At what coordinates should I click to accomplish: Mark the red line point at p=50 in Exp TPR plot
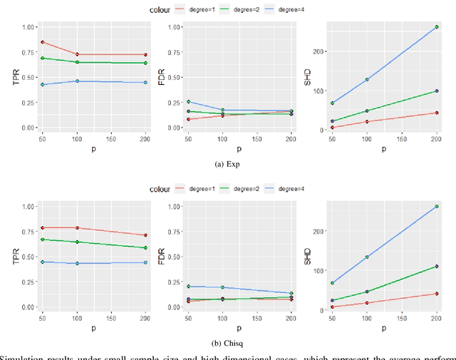(42, 42)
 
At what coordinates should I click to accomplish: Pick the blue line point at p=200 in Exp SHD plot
(437, 27)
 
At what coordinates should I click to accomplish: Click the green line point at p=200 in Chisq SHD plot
(437, 267)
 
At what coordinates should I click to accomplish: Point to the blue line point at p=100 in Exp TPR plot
(77, 81)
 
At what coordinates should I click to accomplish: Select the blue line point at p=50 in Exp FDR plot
(188, 101)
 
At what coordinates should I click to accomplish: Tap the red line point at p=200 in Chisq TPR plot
(145, 235)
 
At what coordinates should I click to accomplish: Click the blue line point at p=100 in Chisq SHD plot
(367, 257)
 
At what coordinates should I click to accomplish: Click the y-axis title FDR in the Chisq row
(158, 257)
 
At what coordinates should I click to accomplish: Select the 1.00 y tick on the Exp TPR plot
(27, 27)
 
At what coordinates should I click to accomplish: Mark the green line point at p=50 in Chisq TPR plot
(42, 240)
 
